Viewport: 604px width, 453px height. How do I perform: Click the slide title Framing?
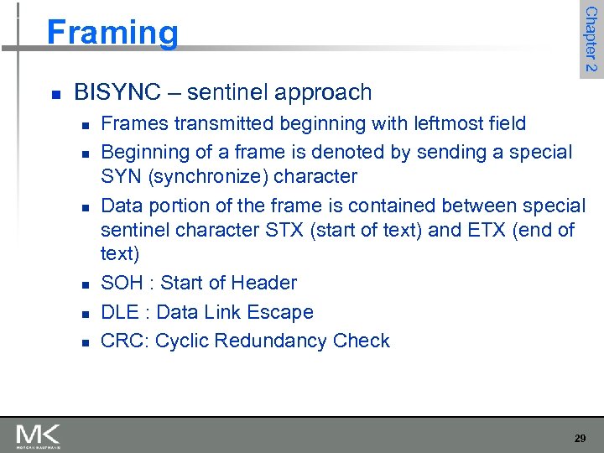point(112,33)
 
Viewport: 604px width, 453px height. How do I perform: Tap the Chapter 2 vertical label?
point(591,39)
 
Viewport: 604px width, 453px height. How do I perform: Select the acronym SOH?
point(122,283)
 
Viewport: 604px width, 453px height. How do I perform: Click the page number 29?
point(580,438)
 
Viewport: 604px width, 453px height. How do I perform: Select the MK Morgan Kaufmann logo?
point(38,436)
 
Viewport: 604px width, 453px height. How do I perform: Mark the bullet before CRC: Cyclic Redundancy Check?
point(86,342)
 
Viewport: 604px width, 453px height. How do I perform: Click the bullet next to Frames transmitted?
point(86,125)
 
